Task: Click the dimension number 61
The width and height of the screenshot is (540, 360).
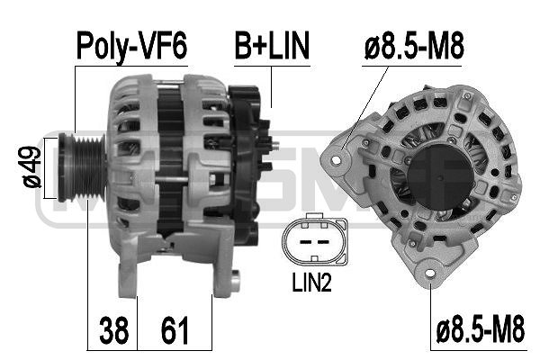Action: [x=175, y=331]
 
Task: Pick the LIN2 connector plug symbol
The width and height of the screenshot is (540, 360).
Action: [x=312, y=240]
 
